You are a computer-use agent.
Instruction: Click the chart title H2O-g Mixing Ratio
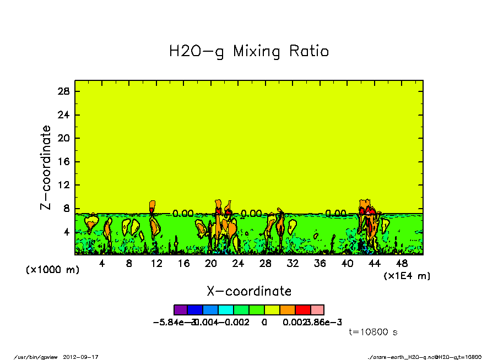(248, 52)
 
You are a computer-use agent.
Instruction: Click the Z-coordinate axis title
(46, 167)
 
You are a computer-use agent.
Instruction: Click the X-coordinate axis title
(248, 291)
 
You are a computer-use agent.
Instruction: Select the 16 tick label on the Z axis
(64, 162)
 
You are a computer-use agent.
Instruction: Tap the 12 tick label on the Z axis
(64, 186)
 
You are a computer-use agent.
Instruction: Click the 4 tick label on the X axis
(102, 264)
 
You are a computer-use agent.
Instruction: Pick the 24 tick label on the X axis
(238, 264)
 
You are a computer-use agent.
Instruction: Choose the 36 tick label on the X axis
(320, 264)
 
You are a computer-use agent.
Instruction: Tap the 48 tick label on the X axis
(402, 264)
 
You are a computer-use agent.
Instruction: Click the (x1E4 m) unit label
(407, 275)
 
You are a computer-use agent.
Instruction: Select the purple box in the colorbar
(181, 310)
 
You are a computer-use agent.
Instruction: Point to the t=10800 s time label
(373, 332)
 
